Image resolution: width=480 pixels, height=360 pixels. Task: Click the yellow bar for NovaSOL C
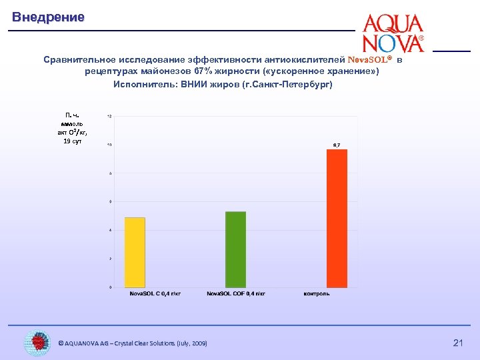pyautogui.click(x=135, y=252)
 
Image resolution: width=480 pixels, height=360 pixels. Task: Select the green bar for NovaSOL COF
pyautogui.click(x=235, y=249)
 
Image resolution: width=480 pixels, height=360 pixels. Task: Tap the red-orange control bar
pyautogui.click(x=337, y=218)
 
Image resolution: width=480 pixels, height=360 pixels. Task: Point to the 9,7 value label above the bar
pyautogui.click(x=337, y=145)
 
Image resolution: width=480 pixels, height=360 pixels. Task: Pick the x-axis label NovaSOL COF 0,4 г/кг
pyautogui.click(x=235, y=293)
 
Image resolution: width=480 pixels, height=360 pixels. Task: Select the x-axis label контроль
pyautogui.click(x=317, y=293)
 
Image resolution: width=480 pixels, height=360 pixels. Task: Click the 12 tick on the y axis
pyautogui.click(x=109, y=117)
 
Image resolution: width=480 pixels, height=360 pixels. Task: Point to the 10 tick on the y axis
pyautogui.click(x=109, y=145)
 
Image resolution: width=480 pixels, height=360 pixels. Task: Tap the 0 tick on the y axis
pyautogui.click(x=110, y=287)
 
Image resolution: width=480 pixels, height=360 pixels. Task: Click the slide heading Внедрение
pyautogui.click(x=48, y=17)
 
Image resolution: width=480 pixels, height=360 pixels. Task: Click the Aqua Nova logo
pyautogui.click(x=393, y=33)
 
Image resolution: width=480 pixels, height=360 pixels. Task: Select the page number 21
pyautogui.click(x=458, y=343)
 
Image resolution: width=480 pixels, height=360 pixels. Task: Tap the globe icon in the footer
pyautogui.click(x=37, y=343)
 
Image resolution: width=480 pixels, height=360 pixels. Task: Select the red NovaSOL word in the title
pyautogui.click(x=367, y=59)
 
